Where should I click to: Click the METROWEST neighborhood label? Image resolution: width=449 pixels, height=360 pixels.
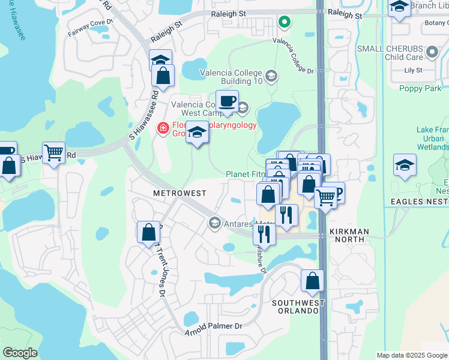179,193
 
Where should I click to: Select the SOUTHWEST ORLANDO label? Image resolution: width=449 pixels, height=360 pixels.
298,307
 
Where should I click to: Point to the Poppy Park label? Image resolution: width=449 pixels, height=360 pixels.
420,88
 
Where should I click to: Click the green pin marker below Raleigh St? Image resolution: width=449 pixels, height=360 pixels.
285,23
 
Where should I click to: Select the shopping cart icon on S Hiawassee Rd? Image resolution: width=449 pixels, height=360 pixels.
54,153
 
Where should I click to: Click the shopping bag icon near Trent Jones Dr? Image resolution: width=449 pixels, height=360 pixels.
148,232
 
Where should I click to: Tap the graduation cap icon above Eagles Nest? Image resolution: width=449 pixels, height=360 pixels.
405,165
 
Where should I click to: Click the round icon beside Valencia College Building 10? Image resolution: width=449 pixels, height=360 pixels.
271,76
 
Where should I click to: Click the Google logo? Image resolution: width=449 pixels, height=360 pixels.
20,353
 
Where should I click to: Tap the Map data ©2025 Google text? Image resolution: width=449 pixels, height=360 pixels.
412,355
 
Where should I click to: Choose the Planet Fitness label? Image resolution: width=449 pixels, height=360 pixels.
245,174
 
